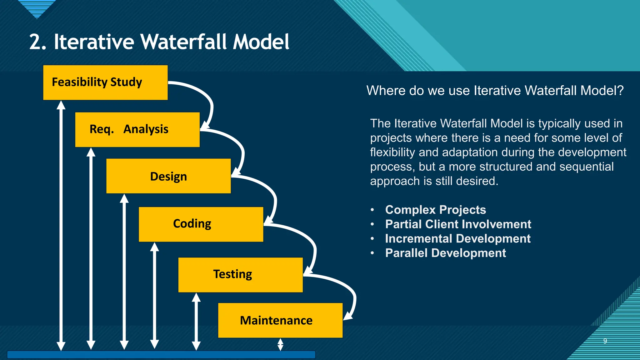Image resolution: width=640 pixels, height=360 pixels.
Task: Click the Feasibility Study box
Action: [x=105, y=82]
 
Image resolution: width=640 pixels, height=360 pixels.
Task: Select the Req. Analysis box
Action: [x=137, y=129]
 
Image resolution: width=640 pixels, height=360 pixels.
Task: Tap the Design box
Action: [x=168, y=176]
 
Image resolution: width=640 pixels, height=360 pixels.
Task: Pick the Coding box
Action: [x=201, y=224]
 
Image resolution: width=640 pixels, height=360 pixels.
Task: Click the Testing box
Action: [x=240, y=275]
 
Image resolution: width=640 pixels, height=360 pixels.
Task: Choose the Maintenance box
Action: [x=280, y=320]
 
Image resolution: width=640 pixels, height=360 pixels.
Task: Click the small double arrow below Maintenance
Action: [x=280, y=344]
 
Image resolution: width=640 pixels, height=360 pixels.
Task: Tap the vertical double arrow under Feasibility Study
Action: [x=61, y=225]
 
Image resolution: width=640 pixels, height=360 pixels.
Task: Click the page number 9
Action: [x=605, y=341]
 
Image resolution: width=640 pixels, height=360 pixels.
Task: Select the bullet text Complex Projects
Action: [x=435, y=210]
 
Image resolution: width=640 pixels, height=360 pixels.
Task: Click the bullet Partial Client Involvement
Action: [x=458, y=224]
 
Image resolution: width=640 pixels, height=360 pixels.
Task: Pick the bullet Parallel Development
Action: [x=445, y=253]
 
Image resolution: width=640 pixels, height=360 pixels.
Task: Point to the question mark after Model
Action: [x=620, y=91]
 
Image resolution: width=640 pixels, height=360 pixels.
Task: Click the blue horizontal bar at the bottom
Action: [x=161, y=354]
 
